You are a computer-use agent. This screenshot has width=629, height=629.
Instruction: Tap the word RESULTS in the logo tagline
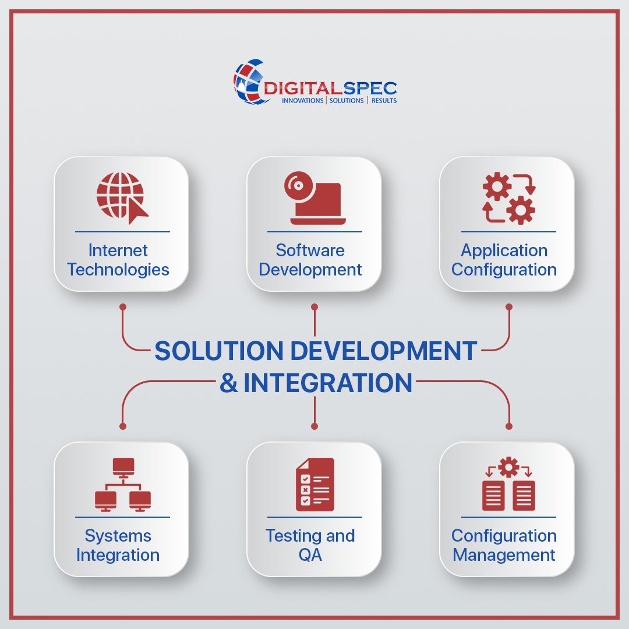pos(383,101)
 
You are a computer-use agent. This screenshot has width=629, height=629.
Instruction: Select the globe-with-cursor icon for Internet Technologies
pos(122,196)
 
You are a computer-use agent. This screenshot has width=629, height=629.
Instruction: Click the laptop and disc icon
pos(314,198)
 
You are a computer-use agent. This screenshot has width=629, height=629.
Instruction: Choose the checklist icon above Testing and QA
pos(315,484)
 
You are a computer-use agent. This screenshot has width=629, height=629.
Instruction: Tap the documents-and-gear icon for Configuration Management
pos(508,484)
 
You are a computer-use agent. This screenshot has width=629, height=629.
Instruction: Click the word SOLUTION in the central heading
pos(219,351)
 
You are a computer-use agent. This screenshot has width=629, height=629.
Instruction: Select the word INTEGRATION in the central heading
pos(328,383)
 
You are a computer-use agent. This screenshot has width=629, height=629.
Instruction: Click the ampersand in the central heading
pos(229,383)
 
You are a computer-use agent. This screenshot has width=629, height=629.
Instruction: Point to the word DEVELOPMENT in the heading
pos(383,351)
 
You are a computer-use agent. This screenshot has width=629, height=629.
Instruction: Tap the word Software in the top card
pos(310,250)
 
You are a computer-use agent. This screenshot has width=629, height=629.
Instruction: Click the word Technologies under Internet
pos(118,270)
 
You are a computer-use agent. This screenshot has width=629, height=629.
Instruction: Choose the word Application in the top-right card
pos(504,250)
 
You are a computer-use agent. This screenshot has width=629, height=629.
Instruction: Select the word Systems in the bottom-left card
pos(118,536)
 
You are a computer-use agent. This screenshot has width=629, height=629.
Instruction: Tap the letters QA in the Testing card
pos(310,555)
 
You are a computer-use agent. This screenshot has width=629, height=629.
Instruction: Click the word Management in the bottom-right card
pos(504,555)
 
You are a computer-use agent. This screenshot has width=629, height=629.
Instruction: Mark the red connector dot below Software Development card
pos(314,306)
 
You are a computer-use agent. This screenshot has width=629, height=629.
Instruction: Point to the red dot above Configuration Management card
pos(509,426)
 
